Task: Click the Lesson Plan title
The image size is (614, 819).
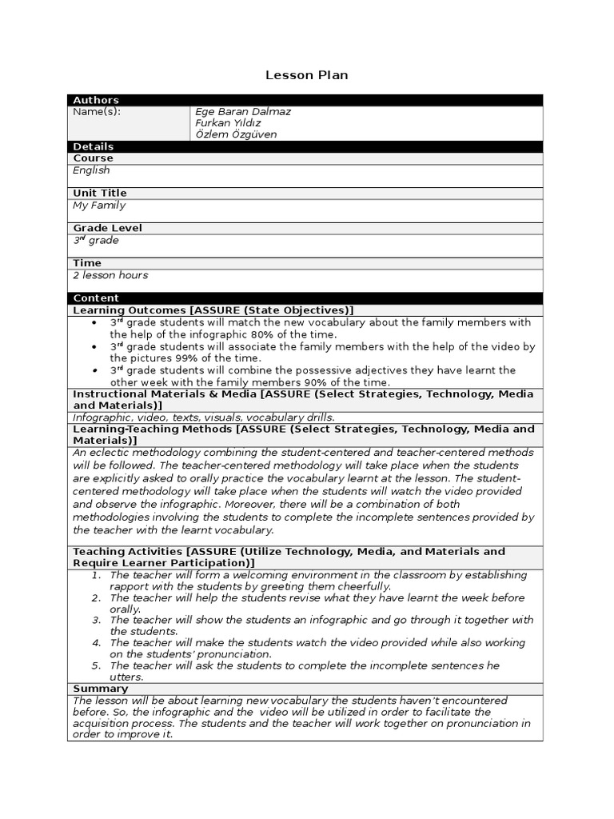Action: (x=306, y=75)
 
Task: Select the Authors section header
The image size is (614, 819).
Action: (x=96, y=100)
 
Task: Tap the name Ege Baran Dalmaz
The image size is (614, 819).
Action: (x=243, y=112)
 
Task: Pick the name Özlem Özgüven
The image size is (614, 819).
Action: (x=236, y=134)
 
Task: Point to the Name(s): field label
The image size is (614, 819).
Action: (x=97, y=112)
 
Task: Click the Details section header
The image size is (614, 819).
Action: (x=94, y=146)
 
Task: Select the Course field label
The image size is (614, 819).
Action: (x=94, y=158)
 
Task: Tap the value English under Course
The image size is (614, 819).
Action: (x=91, y=170)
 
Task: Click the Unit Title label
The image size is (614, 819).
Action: (x=100, y=194)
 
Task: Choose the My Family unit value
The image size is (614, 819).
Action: (x=99, y=206)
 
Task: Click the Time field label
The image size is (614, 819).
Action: (x=87, y=263)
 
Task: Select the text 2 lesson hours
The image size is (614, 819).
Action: (x=110, y=275)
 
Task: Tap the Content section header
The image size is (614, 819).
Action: (x=96, y=298)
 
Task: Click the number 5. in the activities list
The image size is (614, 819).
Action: (x=96, y=665)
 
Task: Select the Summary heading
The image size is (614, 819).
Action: (x=100, y=689)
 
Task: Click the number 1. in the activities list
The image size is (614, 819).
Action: (x=96, y=575)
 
